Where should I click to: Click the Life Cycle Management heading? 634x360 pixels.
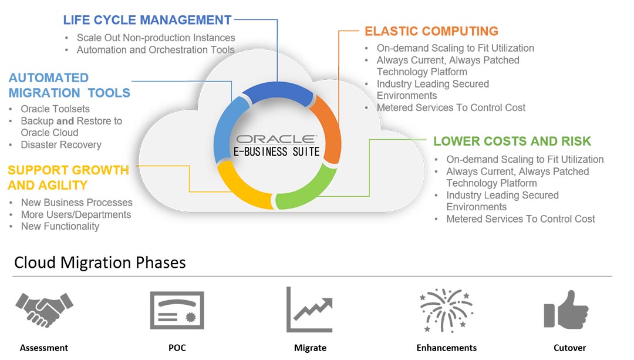point(147,20)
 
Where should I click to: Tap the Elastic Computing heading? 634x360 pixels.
point(431,31)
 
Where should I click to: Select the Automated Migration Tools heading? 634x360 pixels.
point(69,85)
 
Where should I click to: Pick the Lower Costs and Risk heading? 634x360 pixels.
point(512,141)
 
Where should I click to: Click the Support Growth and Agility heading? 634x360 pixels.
point(68,177)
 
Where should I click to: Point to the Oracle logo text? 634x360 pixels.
point(276,139)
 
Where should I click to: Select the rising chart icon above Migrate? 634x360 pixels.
point(309,310)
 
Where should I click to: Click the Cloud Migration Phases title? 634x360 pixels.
point(100,262)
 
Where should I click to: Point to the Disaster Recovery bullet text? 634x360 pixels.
point(61,144)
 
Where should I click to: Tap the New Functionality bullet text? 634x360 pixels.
point(60,226)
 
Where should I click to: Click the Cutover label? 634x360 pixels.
point(569,348)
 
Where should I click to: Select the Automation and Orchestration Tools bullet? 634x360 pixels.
point(156,50)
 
